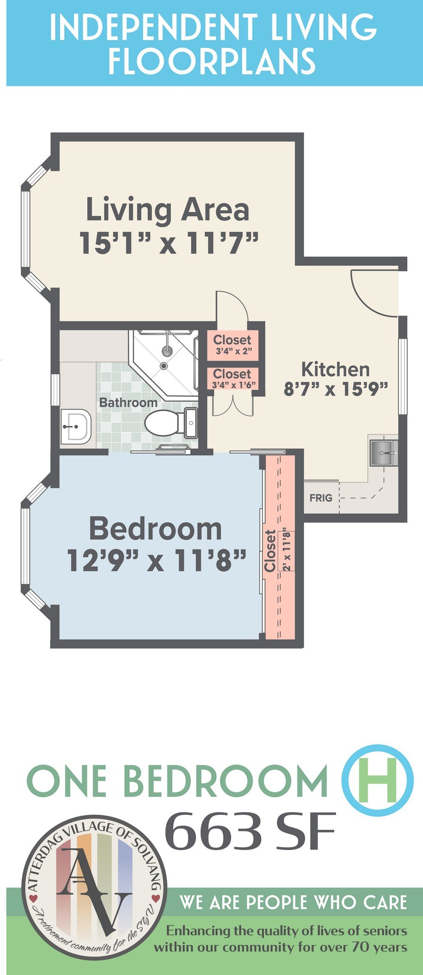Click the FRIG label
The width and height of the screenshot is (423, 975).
tap(320, 497)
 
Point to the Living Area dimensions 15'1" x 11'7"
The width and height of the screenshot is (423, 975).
tap(169, 243)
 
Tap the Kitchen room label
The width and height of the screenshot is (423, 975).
tap(335, 369)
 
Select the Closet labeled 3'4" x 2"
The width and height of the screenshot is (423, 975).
tap(232, 344)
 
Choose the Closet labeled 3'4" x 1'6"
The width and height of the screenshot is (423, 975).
tap(232, 378)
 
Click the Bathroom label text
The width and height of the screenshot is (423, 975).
tap(128, 402)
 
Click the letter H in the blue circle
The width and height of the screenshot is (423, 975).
tap(378, 779)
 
